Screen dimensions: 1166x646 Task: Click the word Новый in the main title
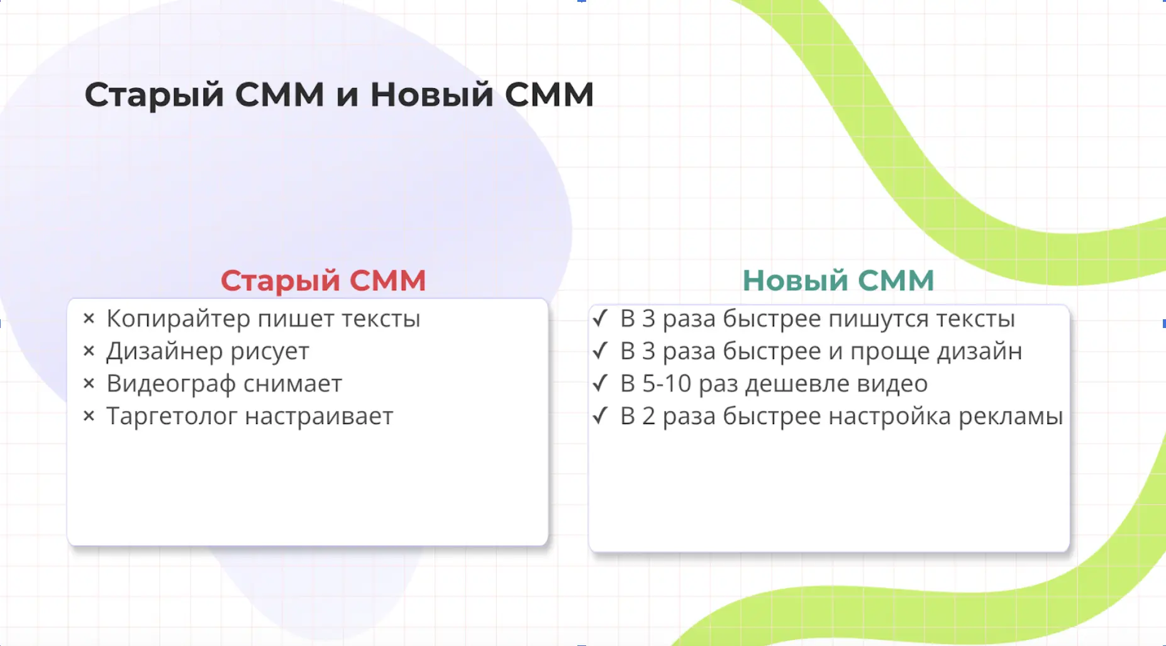coord(431,95)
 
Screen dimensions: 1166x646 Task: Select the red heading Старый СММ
coord(323,281)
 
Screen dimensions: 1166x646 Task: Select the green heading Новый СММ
coord(838,280)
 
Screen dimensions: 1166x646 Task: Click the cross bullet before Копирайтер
coord(89,319)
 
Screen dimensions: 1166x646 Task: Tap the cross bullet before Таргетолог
coord(89,416)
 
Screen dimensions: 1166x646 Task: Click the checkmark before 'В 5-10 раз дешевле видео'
coord(601,383)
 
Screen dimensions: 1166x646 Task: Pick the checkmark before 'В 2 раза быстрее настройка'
coord(601,415)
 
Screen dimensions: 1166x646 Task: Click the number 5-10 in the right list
coord(667,384)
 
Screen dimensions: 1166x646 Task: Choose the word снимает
coord(292,384)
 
